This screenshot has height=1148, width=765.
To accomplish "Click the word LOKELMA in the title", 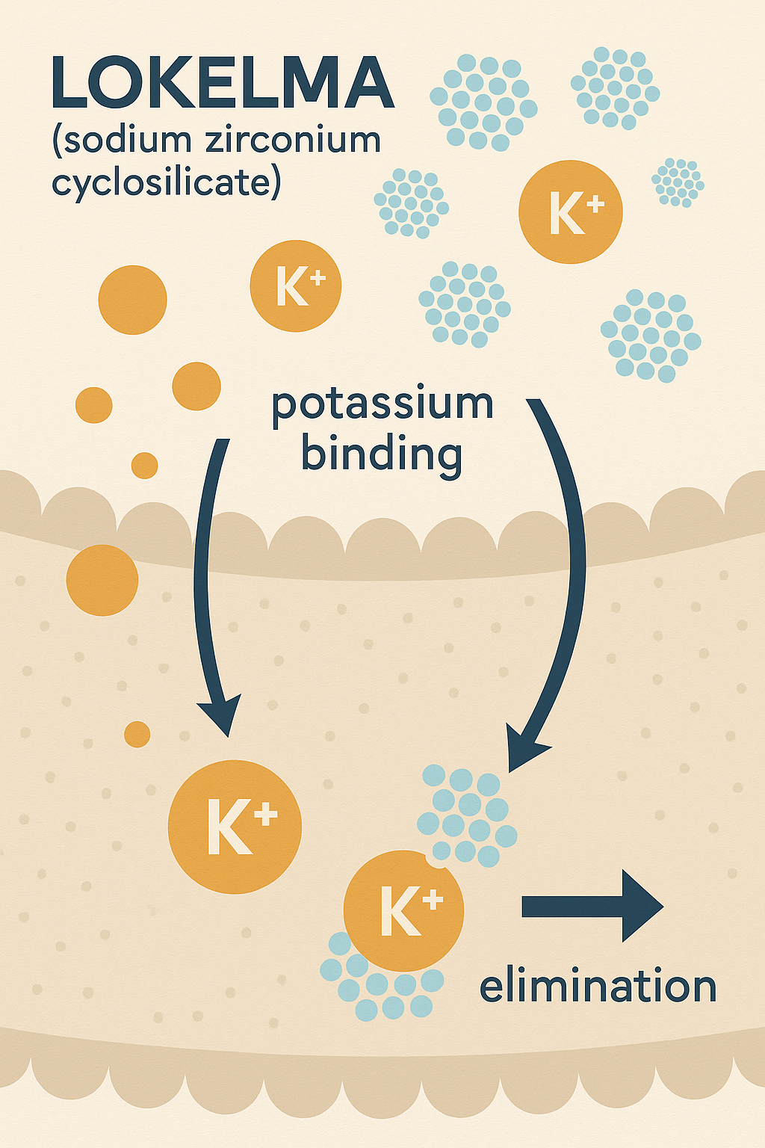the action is tap(223, 82).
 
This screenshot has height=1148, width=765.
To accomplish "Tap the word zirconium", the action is tap(293, 139).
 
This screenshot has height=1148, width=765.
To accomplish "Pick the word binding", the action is tap(382, 455).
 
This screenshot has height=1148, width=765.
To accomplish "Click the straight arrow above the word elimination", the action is tap(592, 906).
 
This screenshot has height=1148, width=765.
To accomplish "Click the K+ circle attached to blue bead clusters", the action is tap(403, 910).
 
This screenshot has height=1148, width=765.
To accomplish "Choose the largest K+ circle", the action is tap(235, 827).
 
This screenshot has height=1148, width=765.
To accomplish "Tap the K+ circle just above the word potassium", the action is tap(296, 286).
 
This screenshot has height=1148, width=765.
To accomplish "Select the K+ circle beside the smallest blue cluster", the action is tap(570, 212).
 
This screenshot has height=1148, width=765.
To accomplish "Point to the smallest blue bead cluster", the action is tap(678, 182).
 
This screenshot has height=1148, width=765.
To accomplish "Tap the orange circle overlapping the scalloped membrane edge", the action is tap(102, 580).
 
